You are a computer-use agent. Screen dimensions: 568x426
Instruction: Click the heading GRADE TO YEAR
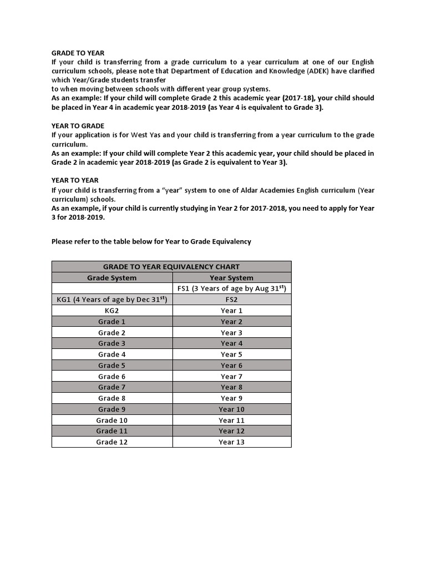click(x=78, y=53)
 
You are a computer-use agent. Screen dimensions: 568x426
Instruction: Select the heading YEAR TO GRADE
click(x=78, y=126)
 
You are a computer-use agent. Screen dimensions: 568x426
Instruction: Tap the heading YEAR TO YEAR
click(x=75, y=180)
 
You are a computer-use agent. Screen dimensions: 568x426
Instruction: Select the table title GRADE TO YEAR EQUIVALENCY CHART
click(x=171, y=267)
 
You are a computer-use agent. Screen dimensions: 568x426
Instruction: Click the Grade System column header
click(x=112, y=278)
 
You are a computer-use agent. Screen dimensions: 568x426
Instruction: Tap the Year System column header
click(x=231, y=278)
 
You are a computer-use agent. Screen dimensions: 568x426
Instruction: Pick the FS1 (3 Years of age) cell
click(x=231, y=288)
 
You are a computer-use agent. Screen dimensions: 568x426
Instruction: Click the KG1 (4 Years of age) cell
click(x=112, y=300)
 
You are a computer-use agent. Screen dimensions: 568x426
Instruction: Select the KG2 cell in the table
click(x=112, y=311)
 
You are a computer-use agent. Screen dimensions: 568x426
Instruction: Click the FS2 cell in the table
click(x=231, y=300)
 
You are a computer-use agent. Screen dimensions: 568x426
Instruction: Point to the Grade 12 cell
click(x=112, y=442)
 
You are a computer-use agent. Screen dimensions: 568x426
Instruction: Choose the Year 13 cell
click(x=231, y=442)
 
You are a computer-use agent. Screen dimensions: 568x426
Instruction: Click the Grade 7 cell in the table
click(x=112, y=387)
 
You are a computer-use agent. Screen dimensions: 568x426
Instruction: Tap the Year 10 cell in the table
click(x=231, y=409)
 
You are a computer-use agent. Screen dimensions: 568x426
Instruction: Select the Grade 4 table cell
click(x=112, y=354)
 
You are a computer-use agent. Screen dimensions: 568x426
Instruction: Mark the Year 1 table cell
click(x=231, y=311)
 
